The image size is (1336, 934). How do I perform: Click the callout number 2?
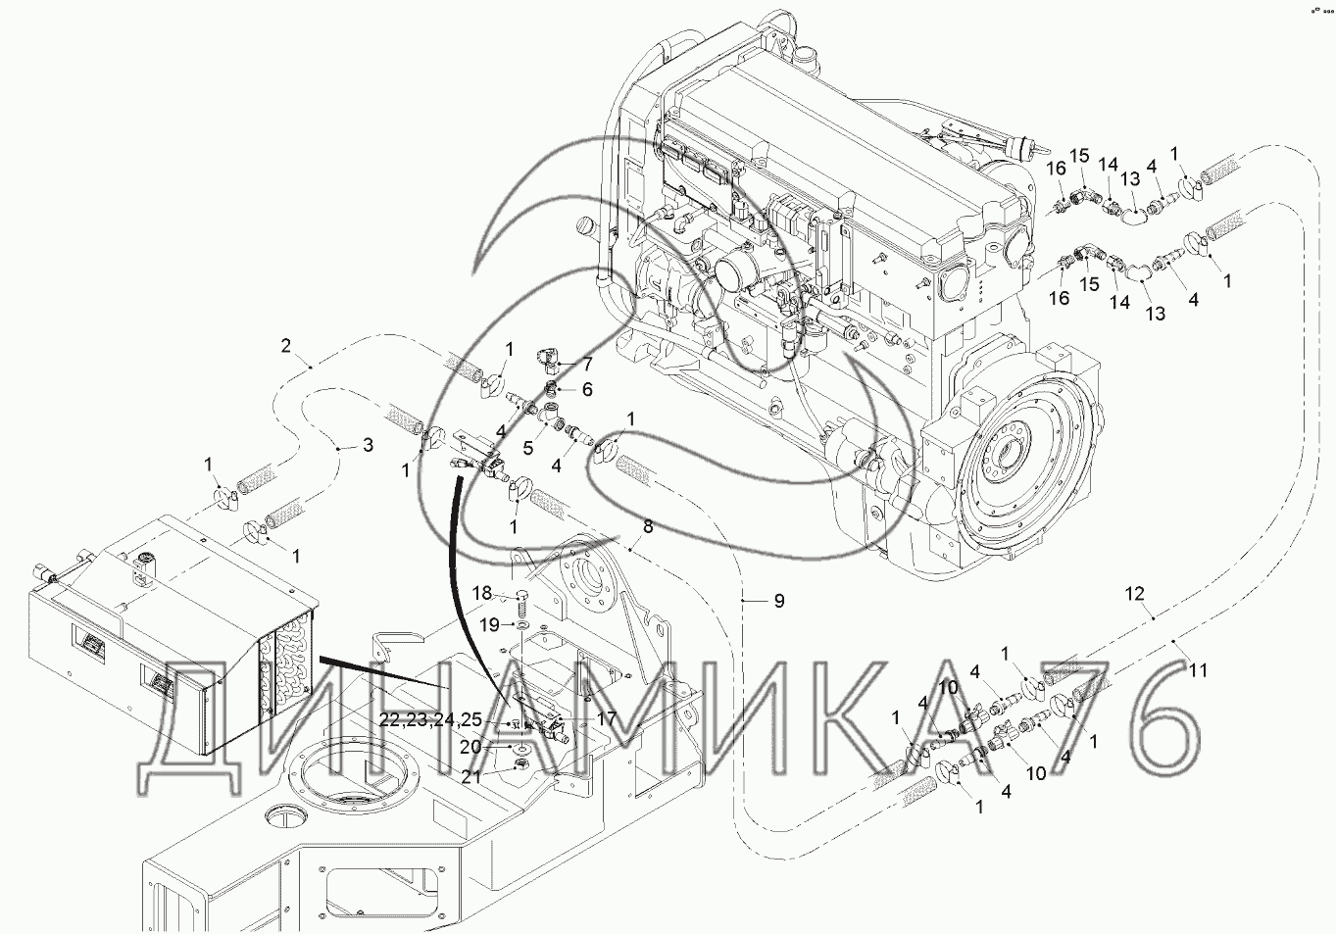pyautogui.click(x=286, y=345)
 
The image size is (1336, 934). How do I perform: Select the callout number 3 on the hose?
pyautogui.click(x=368, y=444)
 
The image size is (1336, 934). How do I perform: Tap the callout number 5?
pyautogui.click(x=528, y=447)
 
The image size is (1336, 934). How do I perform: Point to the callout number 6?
pyautogui.click(x=587, y=389)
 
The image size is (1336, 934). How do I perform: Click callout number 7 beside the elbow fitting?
pyautogui.click(x=587, y=364)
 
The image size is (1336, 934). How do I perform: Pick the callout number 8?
pyautogui.click(x=648, y=526)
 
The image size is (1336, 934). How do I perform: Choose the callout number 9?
pyautogui.click(x=779, y=601)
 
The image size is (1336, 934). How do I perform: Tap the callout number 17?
pyautogui.click(x=606, y=718)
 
